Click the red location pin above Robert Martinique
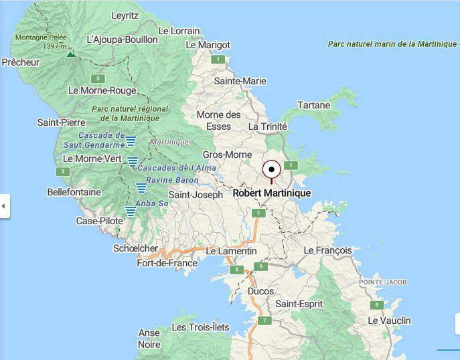(x=271, y=169)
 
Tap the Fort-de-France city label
(x=167, y=263)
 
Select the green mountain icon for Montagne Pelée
(x=71, y=54)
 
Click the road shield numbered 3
(x=98, y=78)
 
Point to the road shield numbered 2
(x=63, y=172)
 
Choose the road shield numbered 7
(x=265, y=321)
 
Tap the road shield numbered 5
(x=236, y=270)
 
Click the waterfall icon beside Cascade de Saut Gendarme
(x=131, y=141)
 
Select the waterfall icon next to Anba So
(x=131, y=211)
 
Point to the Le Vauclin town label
(x=389, y=321)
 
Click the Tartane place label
(x=314, y=105)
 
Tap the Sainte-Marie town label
(x=240, y=81)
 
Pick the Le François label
(x=327, y=250)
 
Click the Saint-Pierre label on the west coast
(x=61, y=122)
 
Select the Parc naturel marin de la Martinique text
(x=392, y=44)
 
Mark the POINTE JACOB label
(x=382, y=282)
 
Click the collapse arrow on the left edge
(x=3, y=206)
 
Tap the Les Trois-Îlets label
(x=200, y=327)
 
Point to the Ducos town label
(x=260, y=292)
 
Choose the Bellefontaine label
(x=74, y=192)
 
